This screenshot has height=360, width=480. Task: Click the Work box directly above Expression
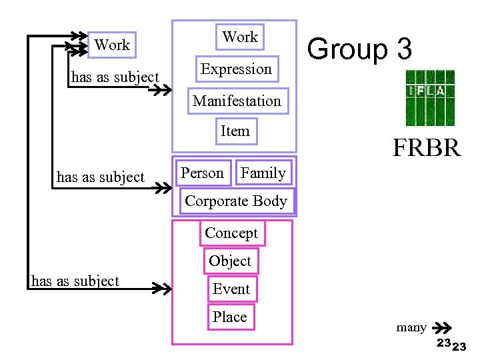240,37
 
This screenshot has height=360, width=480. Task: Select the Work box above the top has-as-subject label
112,45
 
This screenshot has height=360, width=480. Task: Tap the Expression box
236,69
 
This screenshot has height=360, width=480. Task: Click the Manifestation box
237,101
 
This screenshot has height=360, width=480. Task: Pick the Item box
235,131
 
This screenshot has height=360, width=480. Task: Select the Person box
203,173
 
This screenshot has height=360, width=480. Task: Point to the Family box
263,173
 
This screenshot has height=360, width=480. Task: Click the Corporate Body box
236,201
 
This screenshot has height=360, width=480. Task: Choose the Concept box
231,233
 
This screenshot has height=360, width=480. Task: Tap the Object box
230,261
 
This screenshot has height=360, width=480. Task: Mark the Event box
231,289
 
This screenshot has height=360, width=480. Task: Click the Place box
229,317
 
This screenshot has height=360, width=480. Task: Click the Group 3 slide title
360,50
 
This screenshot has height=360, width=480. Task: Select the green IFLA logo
430,97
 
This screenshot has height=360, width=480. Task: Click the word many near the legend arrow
411,327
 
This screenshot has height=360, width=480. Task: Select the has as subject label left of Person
101,177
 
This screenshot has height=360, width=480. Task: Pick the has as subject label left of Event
75,281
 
